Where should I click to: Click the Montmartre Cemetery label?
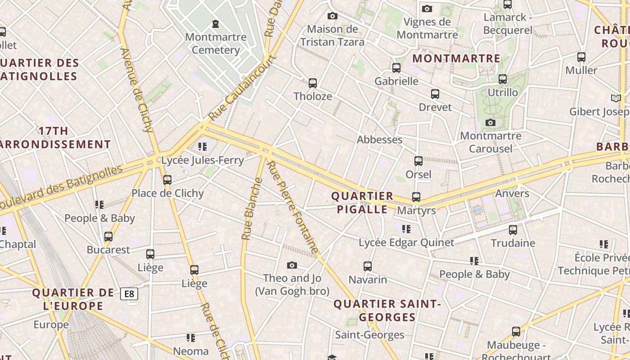(216, 43)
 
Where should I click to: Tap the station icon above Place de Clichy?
(167, 180)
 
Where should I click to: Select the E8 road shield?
(129, 294)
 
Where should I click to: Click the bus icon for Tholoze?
(313, 83)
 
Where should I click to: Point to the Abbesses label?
(379, 139)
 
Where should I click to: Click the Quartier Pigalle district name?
(362, 203)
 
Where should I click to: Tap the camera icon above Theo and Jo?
(292, 265)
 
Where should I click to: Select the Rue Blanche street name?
(252, 209)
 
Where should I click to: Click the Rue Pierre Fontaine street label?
(293, 207)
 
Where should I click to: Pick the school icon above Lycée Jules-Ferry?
(202, 147)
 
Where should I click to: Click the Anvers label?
(512, 193)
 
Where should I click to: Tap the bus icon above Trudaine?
(513, 230)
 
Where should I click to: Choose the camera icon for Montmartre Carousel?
(490, 122)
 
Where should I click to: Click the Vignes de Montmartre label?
(427, 28)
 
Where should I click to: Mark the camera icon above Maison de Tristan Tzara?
(333, 16)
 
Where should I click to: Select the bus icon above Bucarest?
(108, 237)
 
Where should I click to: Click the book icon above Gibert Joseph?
(616, 98)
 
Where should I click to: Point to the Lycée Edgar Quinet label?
(406, 243)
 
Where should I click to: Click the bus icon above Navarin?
(368, 266)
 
